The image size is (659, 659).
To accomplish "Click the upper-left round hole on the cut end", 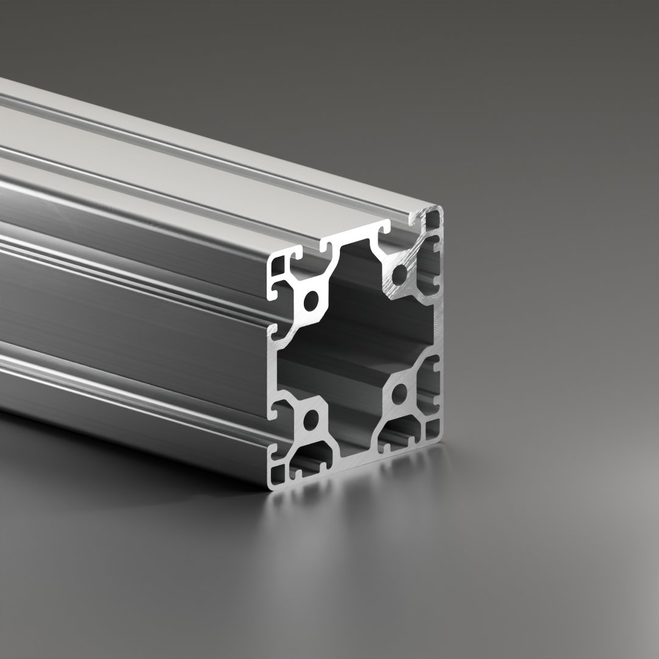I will (311, 300).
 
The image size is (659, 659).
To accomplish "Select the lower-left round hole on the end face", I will (311, 420).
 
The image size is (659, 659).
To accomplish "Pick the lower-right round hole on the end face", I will (399, 394).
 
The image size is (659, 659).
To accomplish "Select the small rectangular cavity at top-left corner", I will (278, 265).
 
